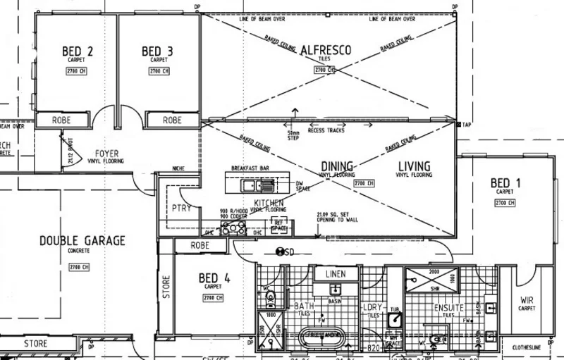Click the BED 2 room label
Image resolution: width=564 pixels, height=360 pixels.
(78, 51)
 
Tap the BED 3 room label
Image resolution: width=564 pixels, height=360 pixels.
(157, 51)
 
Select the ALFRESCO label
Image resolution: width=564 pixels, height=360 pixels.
(326, 50)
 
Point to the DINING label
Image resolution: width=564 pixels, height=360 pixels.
(336, 166)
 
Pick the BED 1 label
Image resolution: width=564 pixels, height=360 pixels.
(505, 183)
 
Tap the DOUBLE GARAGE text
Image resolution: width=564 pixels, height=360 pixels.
(82, 240)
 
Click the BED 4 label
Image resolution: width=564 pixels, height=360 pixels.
(214, 278)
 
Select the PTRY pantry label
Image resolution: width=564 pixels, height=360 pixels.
(181, 209)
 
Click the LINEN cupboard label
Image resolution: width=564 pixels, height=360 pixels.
(336, 273)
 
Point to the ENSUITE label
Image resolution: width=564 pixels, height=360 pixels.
(448, 308)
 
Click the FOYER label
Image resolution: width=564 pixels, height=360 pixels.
(106, 153)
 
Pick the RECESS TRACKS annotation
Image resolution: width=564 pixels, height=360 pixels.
(326, 130)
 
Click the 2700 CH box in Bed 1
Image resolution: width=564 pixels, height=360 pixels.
(505, 203)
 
